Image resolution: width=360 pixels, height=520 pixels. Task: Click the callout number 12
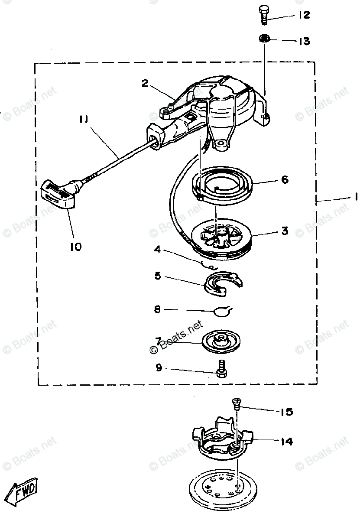pyautogui.click(x=303, y=15)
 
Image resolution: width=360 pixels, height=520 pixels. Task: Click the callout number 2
pyautogui.click(x=145, y=83)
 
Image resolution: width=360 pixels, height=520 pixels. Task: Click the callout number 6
pyautogui.click(x=285, y=179)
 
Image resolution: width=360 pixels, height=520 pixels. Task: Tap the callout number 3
pyautogui.click(x=285, y=231)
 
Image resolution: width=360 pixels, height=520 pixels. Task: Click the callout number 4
pyautogui.click(x=157, y=250)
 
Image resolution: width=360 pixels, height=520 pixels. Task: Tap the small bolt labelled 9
pyautogui.click(x=221, y=369)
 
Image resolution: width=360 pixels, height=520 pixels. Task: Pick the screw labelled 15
pyautogui.click(x=237, y=404)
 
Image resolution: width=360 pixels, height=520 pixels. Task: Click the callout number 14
pyautogui.click(x=286, y=442)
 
